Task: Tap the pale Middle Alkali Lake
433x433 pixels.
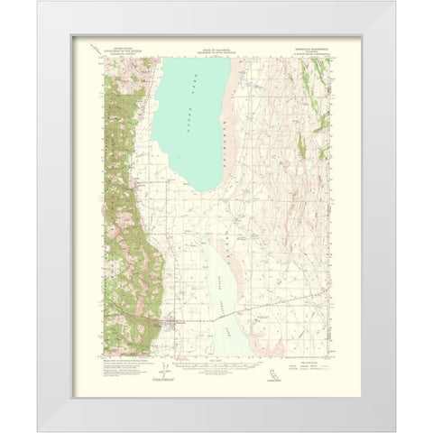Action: pyautogui.click(x=221, y=289)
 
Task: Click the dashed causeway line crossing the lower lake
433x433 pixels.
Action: pyautogui.click(x=226, y=316)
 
